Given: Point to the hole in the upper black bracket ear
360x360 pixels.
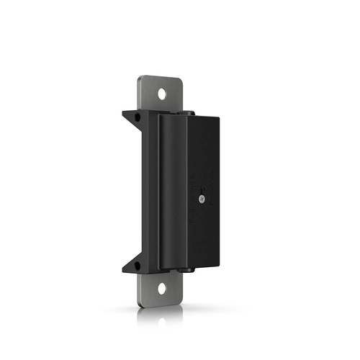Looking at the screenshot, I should [132, 115].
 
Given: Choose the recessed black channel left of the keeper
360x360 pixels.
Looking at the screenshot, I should [153, 191].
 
